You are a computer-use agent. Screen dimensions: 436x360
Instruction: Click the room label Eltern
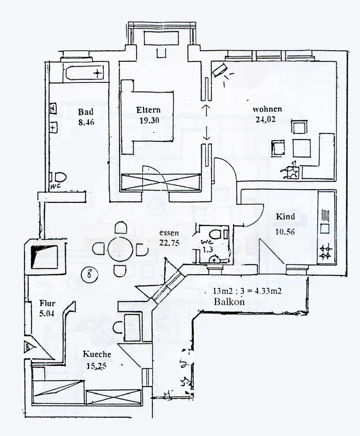tap(148, 110)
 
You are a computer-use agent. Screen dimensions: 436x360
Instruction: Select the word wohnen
tap(267, 109)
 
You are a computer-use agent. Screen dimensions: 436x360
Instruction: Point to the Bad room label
tap(83, 112)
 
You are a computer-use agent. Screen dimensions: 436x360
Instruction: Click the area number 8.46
tap(86, 123)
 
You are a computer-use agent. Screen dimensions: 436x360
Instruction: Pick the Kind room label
tap(285, 217)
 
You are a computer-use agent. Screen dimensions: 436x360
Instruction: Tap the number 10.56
tap(285, 232)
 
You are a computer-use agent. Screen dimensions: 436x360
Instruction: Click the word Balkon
tap(228, 302)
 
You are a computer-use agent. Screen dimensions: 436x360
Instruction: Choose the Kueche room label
tap(97, 354)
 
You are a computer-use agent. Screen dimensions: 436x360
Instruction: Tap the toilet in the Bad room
tap(58, 177)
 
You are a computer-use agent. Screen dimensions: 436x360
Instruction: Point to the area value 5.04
tap(46, 313)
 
